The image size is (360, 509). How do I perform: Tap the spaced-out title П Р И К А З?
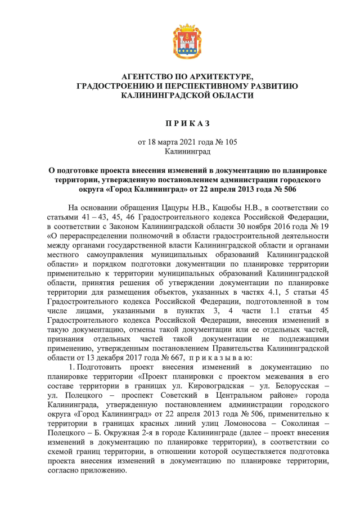coord(179,123)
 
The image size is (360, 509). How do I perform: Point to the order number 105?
coord(229,142)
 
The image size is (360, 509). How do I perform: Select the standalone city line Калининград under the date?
coord(179,152)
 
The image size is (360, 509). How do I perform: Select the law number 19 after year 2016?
coord(307,228)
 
